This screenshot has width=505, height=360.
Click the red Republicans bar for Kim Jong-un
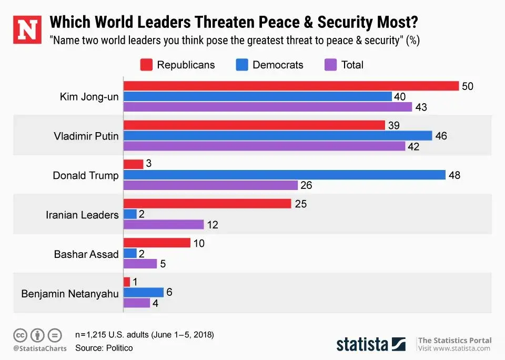tap(290, 86)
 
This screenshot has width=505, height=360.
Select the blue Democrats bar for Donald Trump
tap(284, 175)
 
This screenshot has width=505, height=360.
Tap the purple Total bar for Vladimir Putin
tap(264, 146)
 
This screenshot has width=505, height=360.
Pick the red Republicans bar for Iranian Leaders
tap(207, 203)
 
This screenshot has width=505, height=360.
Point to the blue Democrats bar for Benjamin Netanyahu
tap(143, 292)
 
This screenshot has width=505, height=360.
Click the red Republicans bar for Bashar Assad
tap(156, 243)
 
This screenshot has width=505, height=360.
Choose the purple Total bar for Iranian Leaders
tap(163, 225)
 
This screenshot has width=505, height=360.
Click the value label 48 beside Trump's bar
tap(454, 175)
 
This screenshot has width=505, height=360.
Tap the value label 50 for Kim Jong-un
tap(467, 86)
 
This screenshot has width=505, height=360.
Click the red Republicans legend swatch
tap(146, 65)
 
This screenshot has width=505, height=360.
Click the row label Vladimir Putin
tap(86, 136)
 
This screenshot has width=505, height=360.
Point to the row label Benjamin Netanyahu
tap(70, 293)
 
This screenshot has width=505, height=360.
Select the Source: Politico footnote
tap(104, 348)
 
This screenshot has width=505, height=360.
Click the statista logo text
tap(362, 344)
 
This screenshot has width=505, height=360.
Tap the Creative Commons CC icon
tap(21, 334)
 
